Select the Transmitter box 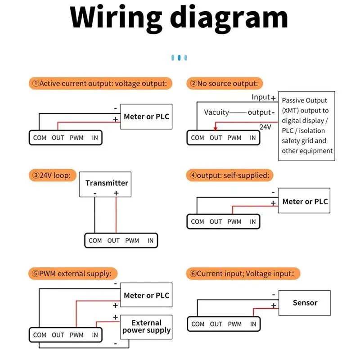tap(107, 184)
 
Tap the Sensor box tap(305, 303)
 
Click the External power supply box tap(146, 327)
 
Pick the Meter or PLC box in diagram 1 tap(146, 117)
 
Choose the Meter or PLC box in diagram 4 tap(305, 202)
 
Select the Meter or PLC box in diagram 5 tap(146, 296)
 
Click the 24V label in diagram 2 tap(265, 127)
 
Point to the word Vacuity tap(216, 112)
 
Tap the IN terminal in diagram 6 tap(253, 324)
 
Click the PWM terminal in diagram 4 tap(234, 221)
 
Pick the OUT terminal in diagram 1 tap(58, 138)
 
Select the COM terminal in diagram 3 tap(95, 241)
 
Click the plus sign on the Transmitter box tap(116, 193)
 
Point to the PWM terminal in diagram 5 tap(76, 335)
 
